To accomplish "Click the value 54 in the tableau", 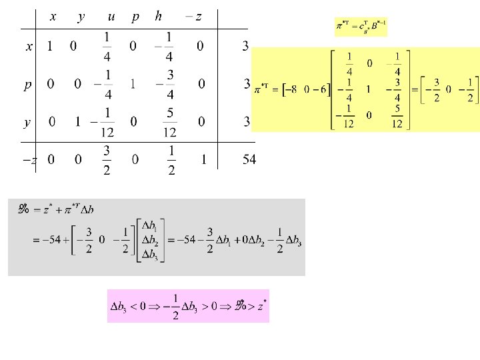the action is point(248,160).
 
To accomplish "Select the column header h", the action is point(158,17).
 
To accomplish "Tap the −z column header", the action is point(194,17).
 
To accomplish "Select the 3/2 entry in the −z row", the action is point(107,160).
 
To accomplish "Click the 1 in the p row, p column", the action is point(133,84).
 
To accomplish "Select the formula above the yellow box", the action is point(361,28).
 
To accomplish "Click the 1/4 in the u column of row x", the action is point(108,46).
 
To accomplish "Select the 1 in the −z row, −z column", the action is point(203,160).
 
